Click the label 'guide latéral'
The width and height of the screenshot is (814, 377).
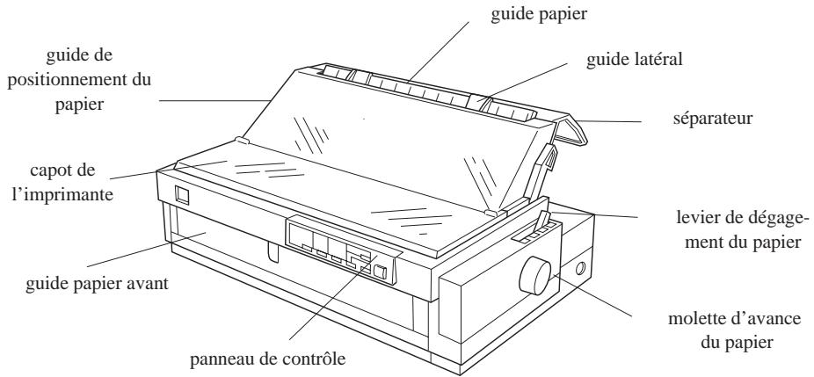coord(634,59)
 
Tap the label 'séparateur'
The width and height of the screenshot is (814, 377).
coord(713,119)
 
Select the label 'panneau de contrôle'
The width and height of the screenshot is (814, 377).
coord(267,359)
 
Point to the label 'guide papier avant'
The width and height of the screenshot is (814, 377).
coord(97,284)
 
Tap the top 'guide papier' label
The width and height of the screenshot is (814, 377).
coord(539,14)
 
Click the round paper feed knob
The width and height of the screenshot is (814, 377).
coord(534,275)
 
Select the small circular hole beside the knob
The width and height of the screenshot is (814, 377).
coord(580,269)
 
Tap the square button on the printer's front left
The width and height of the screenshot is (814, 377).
coord(182,195)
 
